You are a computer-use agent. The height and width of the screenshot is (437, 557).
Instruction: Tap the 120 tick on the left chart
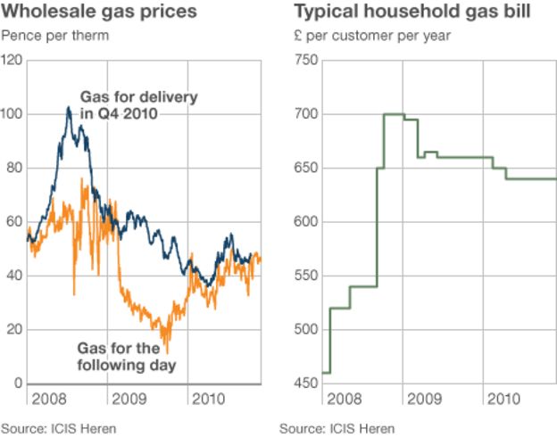(x=12, y=60)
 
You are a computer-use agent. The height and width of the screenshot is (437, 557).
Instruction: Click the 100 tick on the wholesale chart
(x=12, y=114)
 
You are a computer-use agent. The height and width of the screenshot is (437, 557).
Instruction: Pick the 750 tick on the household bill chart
(x=305, y=60)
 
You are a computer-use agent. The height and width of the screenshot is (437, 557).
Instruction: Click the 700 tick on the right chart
(x=305, y=114)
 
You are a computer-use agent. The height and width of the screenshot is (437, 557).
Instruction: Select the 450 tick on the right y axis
(x=305, y=383)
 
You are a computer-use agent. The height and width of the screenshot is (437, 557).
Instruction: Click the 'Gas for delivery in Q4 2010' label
(x=139, y=104)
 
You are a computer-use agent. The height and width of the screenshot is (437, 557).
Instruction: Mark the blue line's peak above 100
(x=69, y=108)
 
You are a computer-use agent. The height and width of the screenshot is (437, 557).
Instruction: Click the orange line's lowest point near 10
(x=166, y=351)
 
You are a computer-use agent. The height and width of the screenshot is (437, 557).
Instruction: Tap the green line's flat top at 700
(x=394, y=114)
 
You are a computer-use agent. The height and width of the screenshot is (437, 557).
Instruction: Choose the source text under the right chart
(x=337, y=427)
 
